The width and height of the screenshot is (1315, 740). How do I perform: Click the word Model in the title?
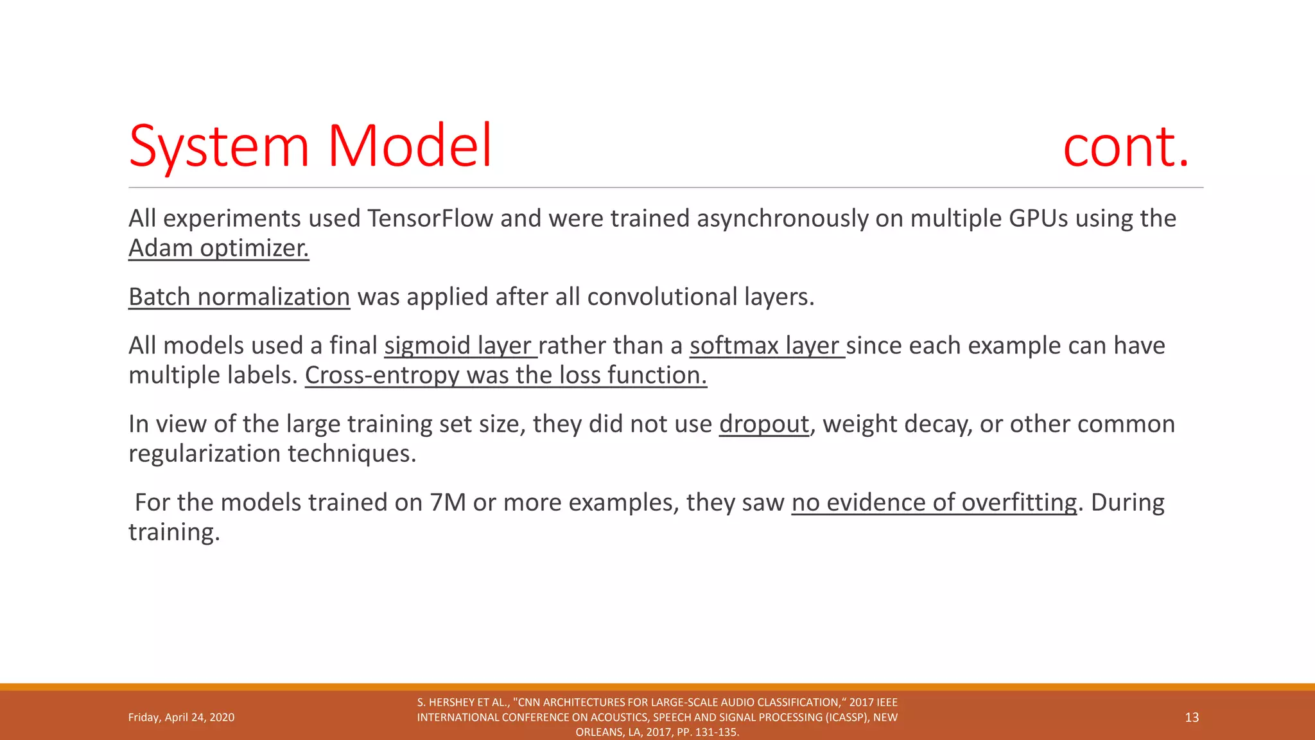[x=410, y=146]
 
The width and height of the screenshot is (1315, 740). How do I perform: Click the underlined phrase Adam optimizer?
[x=218, y=248]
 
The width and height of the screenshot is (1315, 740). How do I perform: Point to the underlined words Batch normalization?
[x=239, y=297]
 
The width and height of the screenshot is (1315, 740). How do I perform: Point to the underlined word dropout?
[x=763, y=424]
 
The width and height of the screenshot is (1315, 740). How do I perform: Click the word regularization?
[x=204, y=454]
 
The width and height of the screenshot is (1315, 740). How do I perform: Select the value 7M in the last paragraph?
[x=448, y=502]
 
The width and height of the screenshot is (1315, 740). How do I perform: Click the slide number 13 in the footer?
[x=1192, y=718]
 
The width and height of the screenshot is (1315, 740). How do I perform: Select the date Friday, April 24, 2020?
[x=181, y=718]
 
